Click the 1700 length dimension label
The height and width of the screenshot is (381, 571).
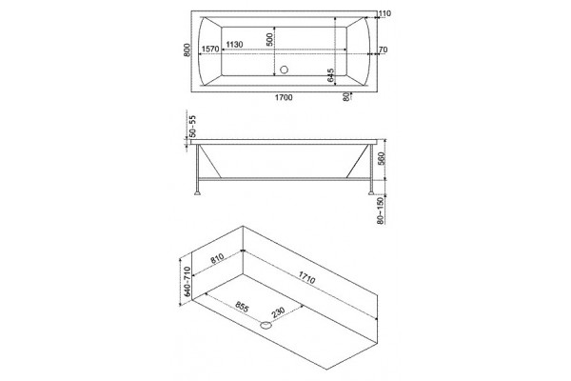[x=284, y=97]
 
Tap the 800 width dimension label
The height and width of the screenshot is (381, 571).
[x=187, y=50]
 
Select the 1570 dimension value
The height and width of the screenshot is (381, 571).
[x=210, y=49]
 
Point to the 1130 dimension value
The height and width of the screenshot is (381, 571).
[x=234, y=45]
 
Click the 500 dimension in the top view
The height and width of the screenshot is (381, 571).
[x=269, y=39]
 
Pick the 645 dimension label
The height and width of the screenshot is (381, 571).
[x=330, y=75]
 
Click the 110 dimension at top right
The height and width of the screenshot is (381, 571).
[x=384, y=14]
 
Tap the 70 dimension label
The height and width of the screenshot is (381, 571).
[x=384, y=50]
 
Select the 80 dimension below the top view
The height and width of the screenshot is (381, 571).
[x=346, y=96]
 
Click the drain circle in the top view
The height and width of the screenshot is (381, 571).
[x=284, y=70]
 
